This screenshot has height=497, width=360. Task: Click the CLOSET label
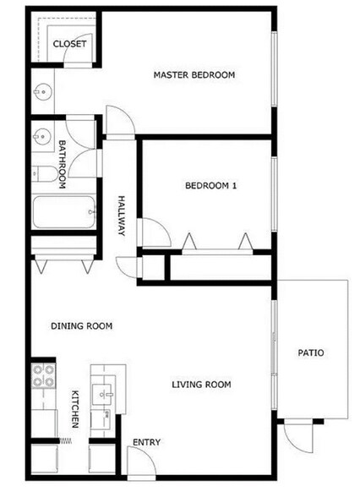[x=69, y=44]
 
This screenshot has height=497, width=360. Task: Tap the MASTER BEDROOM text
[x=194, y=75]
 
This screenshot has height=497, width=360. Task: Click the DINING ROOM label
[x=81, y=325]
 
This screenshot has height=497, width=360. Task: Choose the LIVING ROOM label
[x=201, y=385]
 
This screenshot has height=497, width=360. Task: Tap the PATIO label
[x=311, y=352]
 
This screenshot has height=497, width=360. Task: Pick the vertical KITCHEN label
[x=75, y=408]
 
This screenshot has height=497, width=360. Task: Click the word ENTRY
[x=146, y=442]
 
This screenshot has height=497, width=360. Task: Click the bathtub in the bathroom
[x=64, y=212]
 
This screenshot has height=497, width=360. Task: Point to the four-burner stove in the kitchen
[x=42, y=377]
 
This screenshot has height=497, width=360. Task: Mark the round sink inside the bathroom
[x=41, y=134]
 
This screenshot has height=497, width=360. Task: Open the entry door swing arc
[x=137, y=462]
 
